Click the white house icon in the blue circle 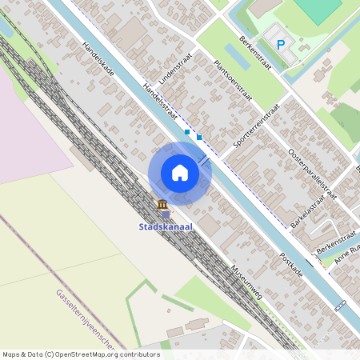pos(180,173)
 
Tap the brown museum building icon pos(162,204)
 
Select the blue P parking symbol pos(281,45)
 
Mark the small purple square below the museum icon pos(166,214)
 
